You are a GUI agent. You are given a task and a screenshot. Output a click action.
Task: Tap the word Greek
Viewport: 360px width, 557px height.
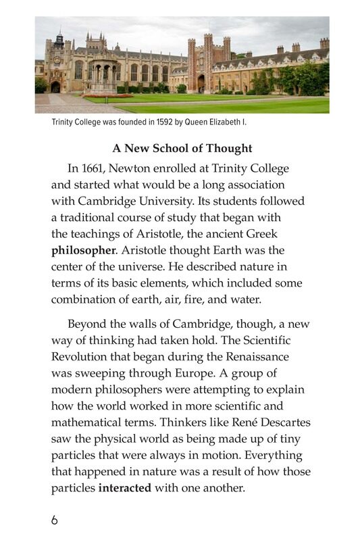[x=287, y=233]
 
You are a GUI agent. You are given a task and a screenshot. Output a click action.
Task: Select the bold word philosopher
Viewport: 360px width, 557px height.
[x=84, y=250]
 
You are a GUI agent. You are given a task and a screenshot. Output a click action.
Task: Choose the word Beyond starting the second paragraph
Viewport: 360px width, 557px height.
[x=87, y=324]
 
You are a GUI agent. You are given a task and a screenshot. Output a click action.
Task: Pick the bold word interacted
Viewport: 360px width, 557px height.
[x=125, y=487]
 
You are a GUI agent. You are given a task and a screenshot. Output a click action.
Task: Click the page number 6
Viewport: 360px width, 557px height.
[x=55, y=520]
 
